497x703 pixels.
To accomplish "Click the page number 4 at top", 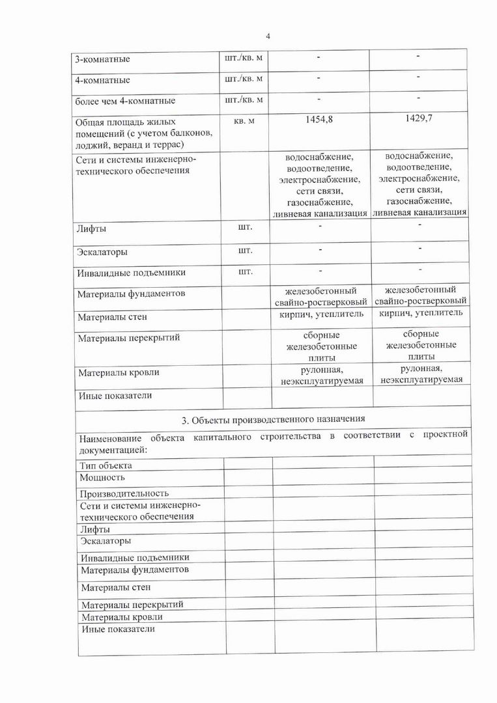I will [268, 36].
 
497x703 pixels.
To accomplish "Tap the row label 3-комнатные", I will [102, 60].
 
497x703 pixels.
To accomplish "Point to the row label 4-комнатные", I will [102, 81].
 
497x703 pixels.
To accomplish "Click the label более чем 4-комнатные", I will [125, 102].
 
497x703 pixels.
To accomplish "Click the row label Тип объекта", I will [106, 465].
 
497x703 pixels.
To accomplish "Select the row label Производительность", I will [124, 493].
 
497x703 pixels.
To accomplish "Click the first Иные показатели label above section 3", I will [115, 395].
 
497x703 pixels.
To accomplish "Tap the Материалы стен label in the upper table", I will [112, 318].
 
